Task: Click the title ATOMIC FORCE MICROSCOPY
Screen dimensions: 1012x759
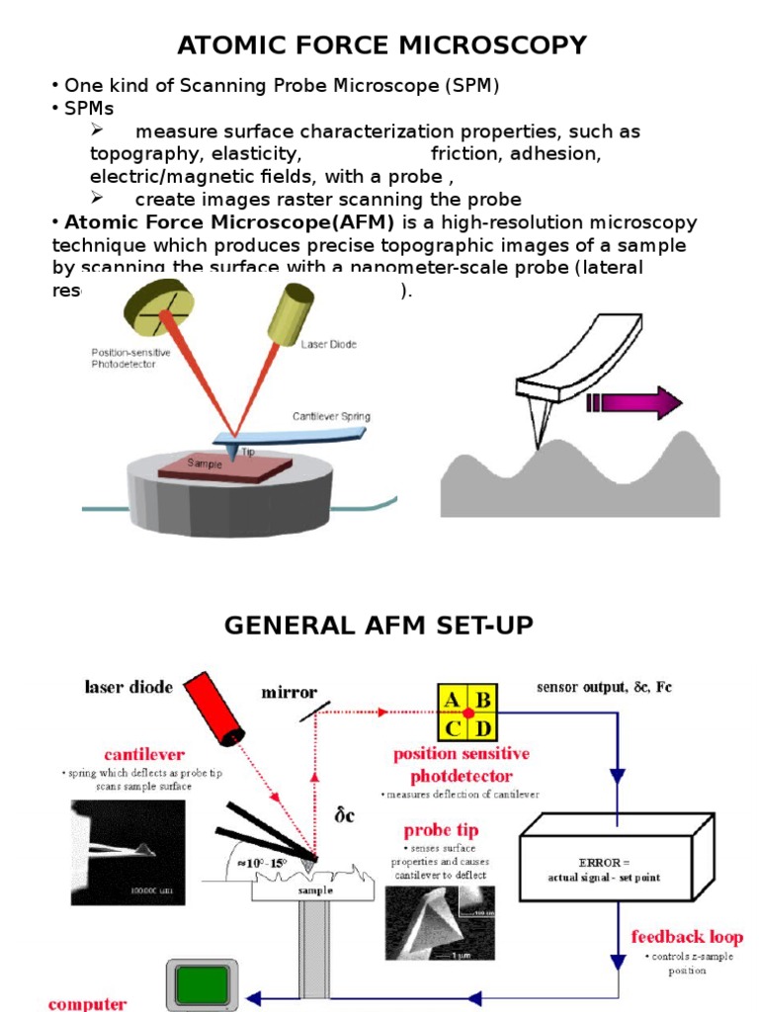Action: point(380,45)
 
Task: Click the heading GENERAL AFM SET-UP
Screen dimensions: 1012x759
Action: point(379,626)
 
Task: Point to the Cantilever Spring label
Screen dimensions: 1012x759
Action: point(331,416)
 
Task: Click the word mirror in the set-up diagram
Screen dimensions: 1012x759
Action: point(289,693)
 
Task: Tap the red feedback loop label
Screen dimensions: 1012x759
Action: point(687,936)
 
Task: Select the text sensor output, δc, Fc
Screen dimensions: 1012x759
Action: point(604,686)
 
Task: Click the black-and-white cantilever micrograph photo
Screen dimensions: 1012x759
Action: point(127,851)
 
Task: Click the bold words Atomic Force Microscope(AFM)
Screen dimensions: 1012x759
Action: point(229,222)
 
